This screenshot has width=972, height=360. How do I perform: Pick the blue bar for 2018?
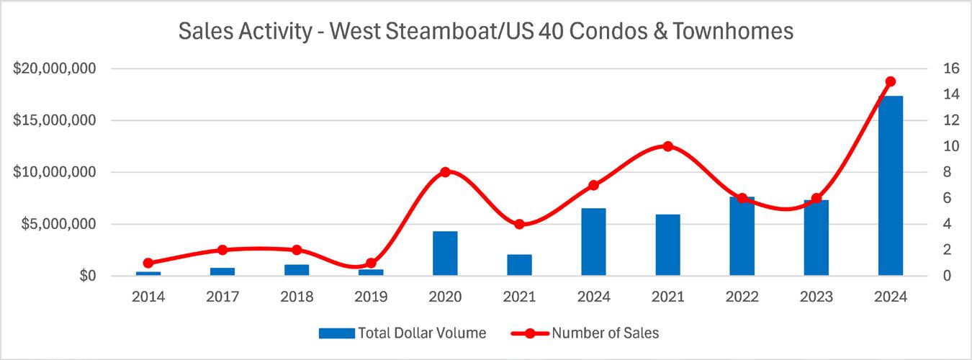coord(297,270)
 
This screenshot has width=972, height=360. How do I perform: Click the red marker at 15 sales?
coord(891,81)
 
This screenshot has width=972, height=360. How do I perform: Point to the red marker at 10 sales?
coord(667,146)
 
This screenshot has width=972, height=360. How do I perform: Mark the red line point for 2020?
coord(445,172)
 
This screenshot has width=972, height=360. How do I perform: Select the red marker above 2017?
coord(222,250)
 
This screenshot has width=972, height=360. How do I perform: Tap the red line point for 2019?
coord(371,263)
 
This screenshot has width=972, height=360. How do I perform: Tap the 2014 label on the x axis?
coord(148,297)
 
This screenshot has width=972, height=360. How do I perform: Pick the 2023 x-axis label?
coord(816,297)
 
